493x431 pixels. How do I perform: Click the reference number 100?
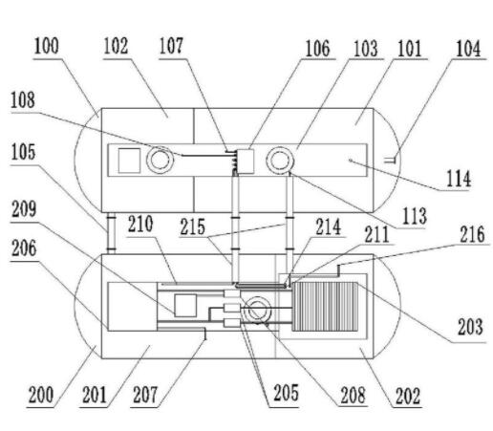pos(47,46)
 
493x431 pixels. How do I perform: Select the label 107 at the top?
pos(171,46)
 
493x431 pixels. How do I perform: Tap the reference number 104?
pos(468,49)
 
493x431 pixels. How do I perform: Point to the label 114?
pos(459,179)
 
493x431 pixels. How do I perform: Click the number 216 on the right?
pos(472,234)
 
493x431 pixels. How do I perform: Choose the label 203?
pos(470,327)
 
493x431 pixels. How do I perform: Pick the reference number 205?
pos(286,393)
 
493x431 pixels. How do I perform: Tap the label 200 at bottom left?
pos(41,395)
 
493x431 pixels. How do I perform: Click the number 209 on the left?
pos(24,209)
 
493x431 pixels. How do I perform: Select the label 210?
pos(140,224)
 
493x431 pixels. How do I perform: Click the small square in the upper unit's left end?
pos(129,161)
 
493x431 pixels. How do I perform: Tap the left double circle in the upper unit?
pos(160,160)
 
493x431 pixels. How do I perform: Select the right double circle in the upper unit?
pos(280,161)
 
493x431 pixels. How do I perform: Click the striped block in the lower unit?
pos(325,307)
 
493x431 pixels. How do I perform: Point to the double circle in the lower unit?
pos(258,310)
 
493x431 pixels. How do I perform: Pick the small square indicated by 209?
pos(185,306)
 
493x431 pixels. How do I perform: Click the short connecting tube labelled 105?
pos(111,233)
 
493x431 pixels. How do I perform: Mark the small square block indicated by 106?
pos(246,162)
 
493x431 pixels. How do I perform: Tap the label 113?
pos(414,216)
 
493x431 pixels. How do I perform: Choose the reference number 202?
pos(408,396)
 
